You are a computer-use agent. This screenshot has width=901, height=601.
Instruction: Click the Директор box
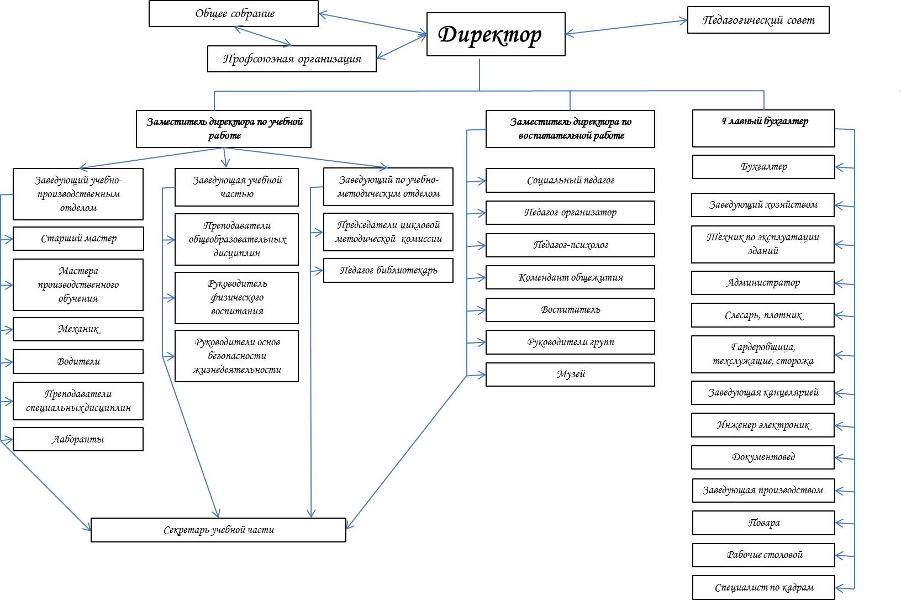[496, 34]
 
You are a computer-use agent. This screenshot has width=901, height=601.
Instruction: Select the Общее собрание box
[234, 14]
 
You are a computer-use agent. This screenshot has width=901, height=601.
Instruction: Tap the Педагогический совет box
[758, 20]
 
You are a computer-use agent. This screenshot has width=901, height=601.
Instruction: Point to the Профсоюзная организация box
[292, 59]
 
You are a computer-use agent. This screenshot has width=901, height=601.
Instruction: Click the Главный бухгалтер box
[763, 128]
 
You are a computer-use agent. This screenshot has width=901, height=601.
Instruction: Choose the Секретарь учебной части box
[218, 530]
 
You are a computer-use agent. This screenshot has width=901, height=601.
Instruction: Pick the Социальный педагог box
[570, 181]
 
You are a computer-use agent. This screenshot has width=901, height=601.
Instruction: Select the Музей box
[570, 375]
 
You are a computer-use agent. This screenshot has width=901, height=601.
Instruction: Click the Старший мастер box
[78, 239]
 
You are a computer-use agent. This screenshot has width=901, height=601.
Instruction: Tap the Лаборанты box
[78, 440]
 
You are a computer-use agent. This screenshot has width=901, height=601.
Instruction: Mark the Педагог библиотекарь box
[388, 271]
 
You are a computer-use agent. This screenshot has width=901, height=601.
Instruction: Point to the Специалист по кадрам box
[763, 588]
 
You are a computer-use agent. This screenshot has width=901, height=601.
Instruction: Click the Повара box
[763, 523]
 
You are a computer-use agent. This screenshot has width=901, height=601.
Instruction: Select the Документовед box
[763, 457]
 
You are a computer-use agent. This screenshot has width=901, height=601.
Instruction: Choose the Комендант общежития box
[570, 278]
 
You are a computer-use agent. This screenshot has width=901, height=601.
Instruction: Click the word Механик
[78, 329]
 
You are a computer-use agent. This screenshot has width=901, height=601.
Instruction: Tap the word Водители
[78, 362]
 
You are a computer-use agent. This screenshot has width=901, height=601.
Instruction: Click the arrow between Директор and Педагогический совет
[626, 28]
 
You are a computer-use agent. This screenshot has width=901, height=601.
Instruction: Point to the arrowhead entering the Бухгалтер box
[839, 167]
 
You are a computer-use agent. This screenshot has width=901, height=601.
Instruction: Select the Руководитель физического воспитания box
[236, 298]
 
